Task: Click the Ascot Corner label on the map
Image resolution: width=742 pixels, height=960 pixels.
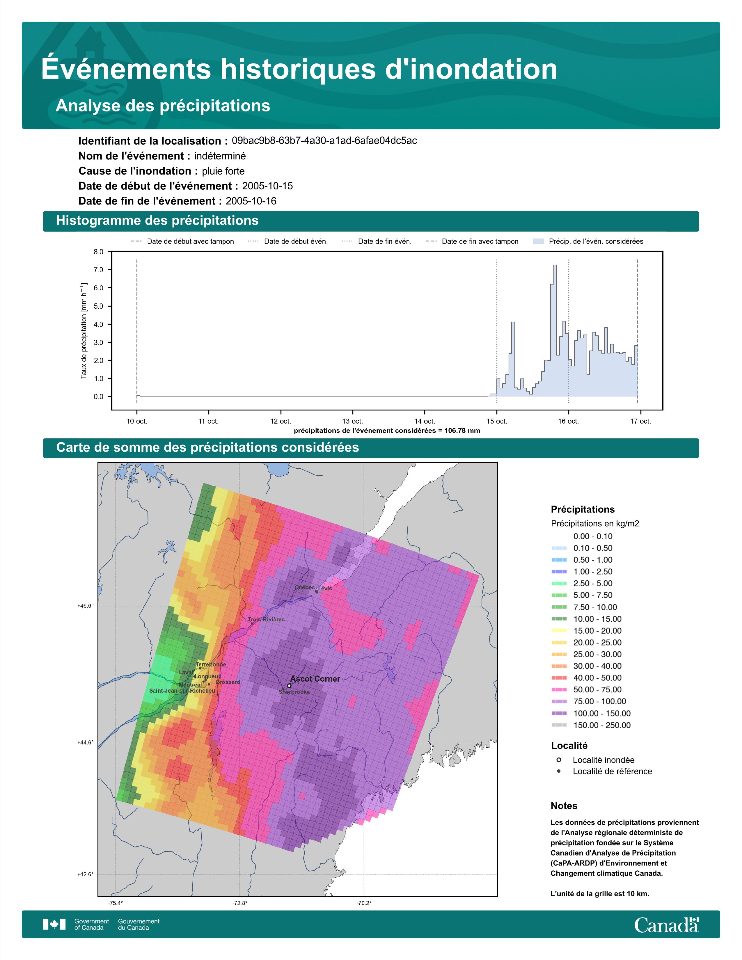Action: [x=315, y=679]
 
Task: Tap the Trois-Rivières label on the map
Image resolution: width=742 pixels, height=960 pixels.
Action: [x=266, y=619]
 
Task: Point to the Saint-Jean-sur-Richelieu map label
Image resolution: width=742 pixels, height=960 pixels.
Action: [x=182, y=691]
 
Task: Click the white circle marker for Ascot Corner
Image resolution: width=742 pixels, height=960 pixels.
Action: [x=289, y=685]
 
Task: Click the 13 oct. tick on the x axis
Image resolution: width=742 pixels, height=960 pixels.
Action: [x=353, y=421]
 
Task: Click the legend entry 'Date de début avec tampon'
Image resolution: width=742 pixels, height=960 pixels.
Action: [x=182, y=241]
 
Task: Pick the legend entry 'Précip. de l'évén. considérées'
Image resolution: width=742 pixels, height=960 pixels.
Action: [x=588, y=241]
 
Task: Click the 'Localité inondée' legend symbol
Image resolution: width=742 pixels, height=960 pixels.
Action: [x=559, y=760]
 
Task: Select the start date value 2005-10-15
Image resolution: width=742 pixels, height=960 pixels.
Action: [x=267, y=186]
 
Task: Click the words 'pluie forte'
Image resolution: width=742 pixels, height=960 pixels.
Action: [x=223, y=171]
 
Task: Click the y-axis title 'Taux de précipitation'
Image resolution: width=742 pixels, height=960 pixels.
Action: [x=84, y=331]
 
